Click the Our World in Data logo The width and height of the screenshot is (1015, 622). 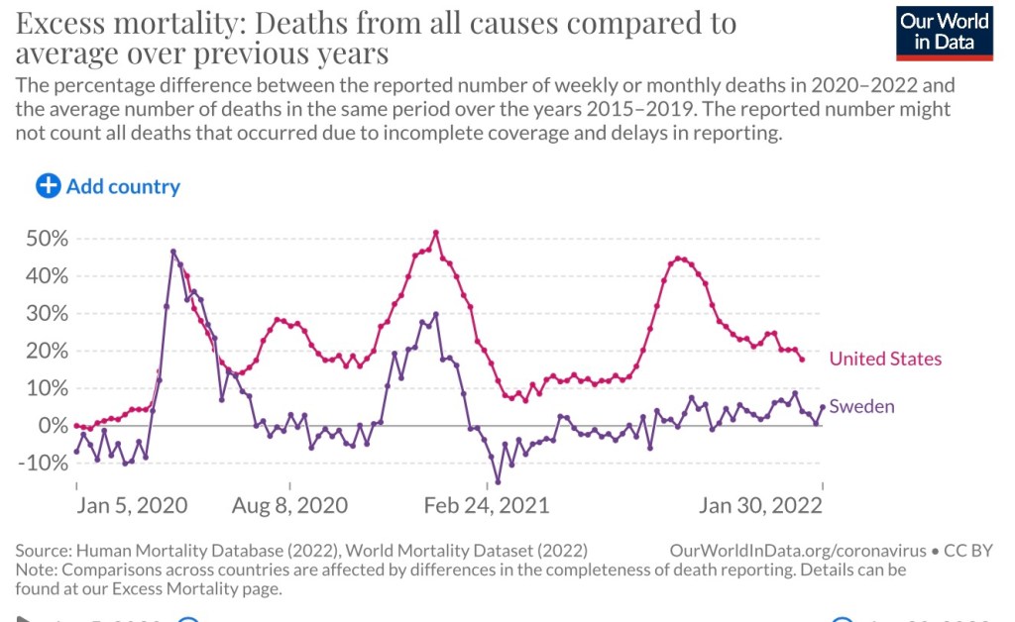[944, 32]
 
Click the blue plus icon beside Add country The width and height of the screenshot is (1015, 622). [48, 186]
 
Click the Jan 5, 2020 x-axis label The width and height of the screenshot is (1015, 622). [132, 506]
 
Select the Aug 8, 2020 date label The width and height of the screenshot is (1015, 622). [289, 506]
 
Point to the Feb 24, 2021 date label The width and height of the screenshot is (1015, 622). [486, 506]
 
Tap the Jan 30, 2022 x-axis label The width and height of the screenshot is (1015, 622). [760, 506]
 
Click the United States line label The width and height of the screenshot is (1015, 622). [885, 359]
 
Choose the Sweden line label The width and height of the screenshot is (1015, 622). [861, 406]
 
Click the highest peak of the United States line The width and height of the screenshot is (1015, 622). [436, 233]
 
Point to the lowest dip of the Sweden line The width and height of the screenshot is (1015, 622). [498, 482]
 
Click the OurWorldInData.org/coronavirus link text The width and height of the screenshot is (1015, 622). [797, 550]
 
